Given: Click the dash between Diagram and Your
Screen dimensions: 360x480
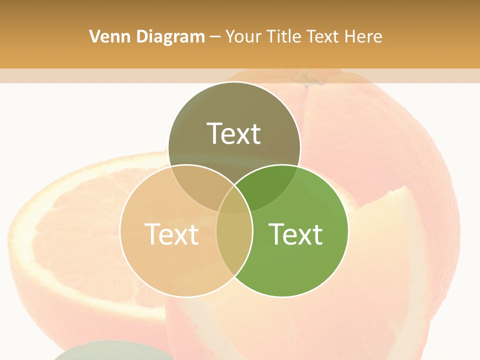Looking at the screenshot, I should (215, 37).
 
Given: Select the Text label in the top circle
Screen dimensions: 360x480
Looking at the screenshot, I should (234, 133).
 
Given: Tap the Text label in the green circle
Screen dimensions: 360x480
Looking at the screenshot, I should (295, 234).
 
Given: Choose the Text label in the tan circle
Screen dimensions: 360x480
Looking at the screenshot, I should (171, 234).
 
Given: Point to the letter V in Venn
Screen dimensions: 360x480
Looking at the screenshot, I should (94, 36).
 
